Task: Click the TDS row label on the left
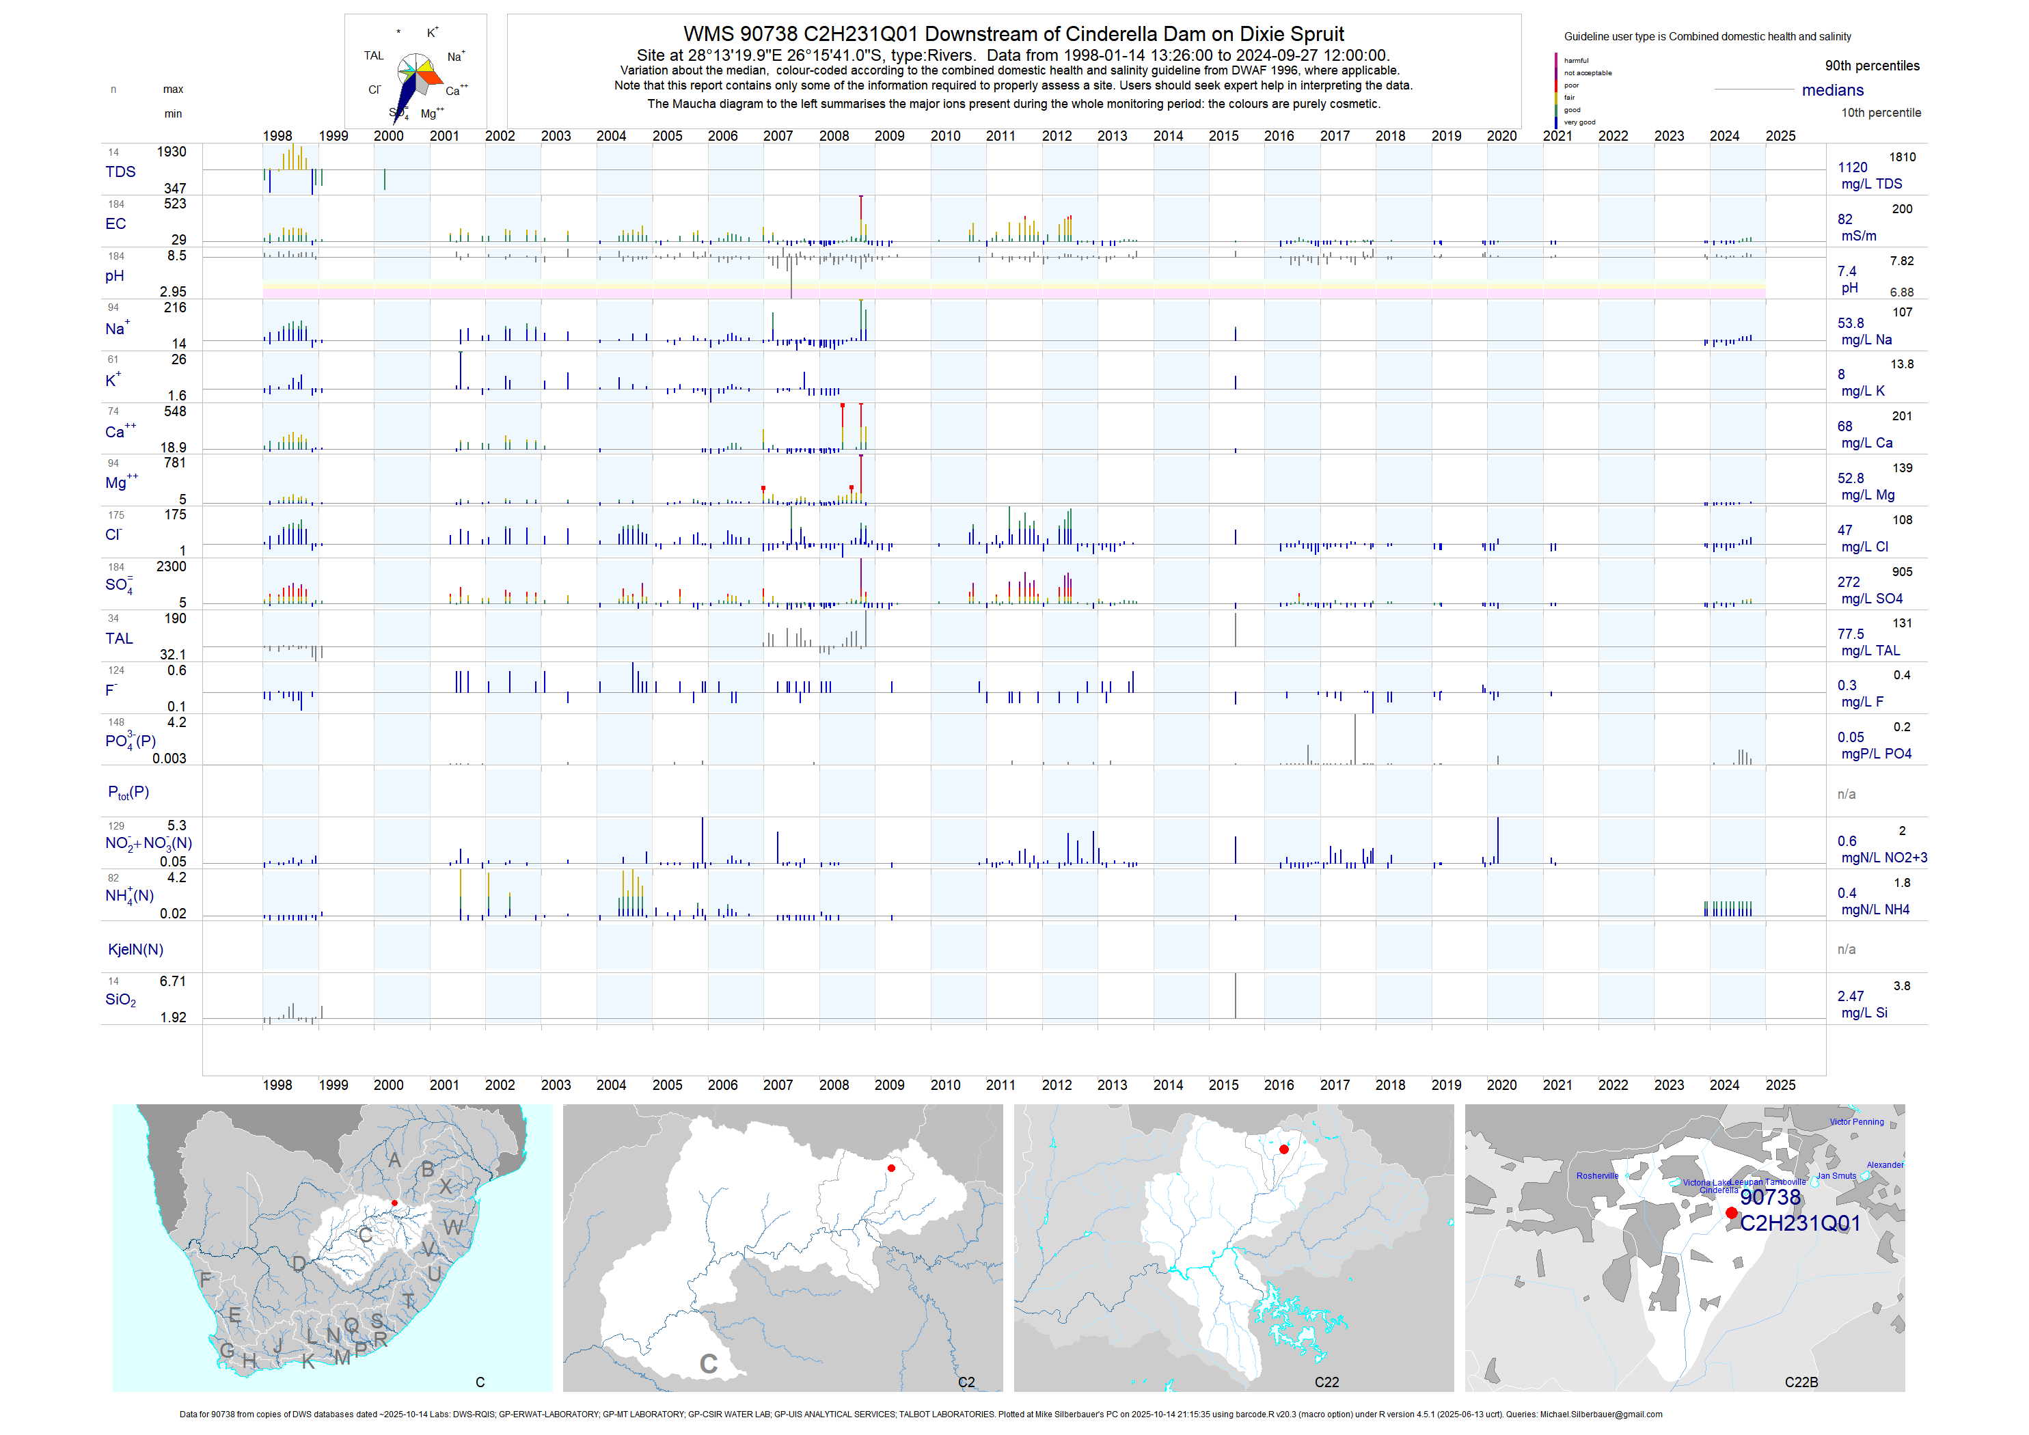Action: [x=120, y=172]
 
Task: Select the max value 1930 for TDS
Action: [x=172, y=152]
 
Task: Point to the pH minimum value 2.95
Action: [x=172, y=292]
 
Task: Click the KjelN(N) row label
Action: [x=135, y=949]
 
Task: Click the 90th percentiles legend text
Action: [x=1872, y=66]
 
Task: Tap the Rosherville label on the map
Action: [x=1597, y=1175]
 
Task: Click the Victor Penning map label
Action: [x=1856, y=1122]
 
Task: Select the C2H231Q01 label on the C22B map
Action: [x=1799, y=1223]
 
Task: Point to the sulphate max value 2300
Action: [x=172, y=566]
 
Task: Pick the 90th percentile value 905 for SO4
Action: [x=1902, y=572]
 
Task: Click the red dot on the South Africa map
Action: [x=394, y=1203]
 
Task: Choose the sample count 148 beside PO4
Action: [x=115, y=722]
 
